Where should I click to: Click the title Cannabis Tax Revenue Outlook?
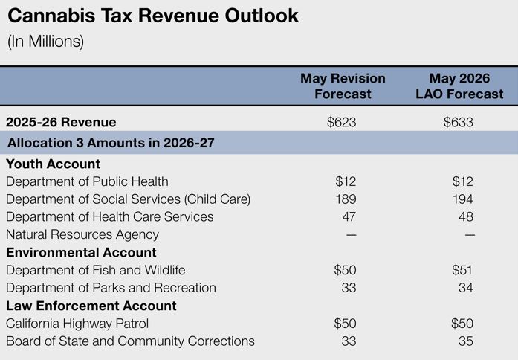click(153, 16)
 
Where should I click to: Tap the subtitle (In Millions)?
click(45, 42)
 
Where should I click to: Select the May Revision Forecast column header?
click(343, 86)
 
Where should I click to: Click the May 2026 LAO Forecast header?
click(459, 86)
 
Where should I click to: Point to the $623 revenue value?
click(342, 122)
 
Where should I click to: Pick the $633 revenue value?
click(459, 122)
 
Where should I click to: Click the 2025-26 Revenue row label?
click(61, 122)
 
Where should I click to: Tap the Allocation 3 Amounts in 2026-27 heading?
click(111, 143)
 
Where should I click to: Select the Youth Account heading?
click(54, 164)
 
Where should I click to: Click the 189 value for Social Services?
click(346, 199)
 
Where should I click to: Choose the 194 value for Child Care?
click(463, 199)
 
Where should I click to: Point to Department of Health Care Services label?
click(110, 217)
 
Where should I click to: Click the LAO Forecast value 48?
click(466, 217)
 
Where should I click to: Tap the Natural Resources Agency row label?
click(82, 235)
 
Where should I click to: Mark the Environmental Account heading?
click(81, 253)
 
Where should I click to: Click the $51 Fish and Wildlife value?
click(462, 270)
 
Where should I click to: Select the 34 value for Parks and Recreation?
click(466, 288)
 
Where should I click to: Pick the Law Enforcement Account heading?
click(91, 306)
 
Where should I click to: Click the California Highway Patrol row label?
click(77, 324)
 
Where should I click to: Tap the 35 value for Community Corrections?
click(466, 341)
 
